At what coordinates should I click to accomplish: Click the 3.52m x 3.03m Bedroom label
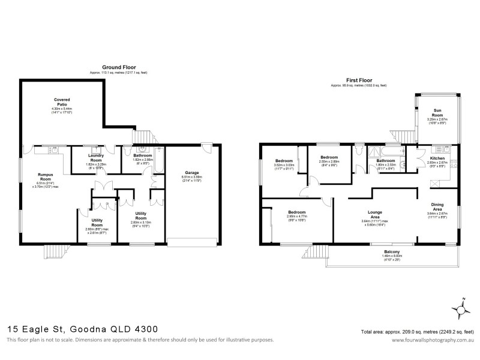point(284,161)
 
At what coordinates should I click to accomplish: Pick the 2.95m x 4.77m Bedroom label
point(297,212)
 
